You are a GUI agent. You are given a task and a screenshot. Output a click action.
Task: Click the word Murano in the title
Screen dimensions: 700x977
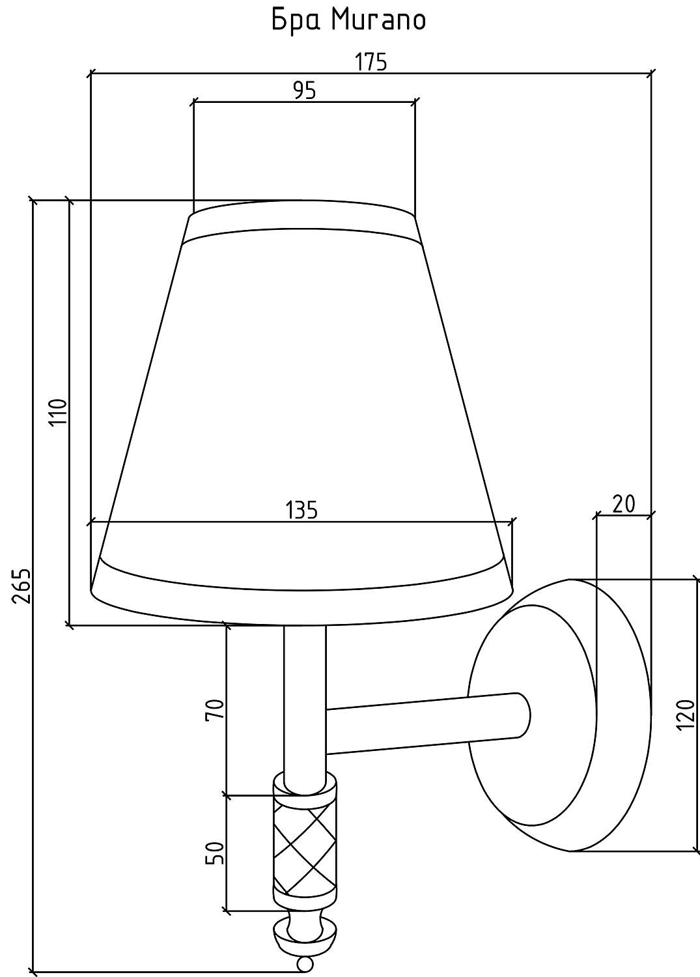click(378, 20)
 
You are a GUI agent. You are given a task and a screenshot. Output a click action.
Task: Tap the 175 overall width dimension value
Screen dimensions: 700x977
click(371, 62)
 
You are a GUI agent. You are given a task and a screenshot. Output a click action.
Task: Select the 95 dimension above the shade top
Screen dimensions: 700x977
click(304, 91)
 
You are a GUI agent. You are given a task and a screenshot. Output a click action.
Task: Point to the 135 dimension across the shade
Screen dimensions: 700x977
click(301, 509)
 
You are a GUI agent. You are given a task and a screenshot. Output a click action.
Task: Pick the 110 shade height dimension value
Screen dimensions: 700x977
click(58, 412)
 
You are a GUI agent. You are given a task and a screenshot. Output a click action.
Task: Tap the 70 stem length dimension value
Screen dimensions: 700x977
click(215, 709)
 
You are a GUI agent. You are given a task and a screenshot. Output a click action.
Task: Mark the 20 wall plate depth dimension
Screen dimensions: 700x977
click(624, 504)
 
